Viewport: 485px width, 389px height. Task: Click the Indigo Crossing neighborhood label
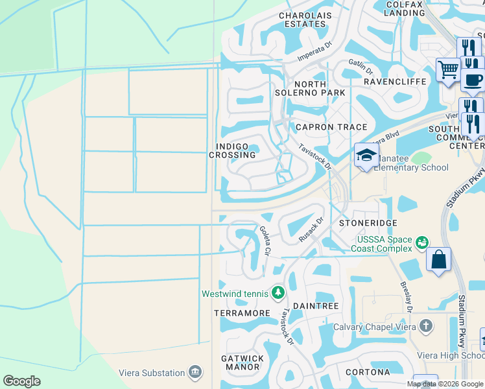click(232, 151)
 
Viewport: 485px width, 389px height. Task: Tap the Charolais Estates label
click(302, 19)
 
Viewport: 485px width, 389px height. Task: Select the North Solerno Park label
click(319, 89)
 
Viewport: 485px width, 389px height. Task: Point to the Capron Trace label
click(331, 127)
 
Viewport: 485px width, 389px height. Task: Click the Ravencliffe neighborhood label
click(394, 82)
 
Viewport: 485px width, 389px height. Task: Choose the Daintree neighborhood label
click(316, 305)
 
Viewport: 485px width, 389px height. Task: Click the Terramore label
click(242, 313)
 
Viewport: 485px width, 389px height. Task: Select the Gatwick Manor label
click(242, 362)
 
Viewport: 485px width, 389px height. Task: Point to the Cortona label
click(368, 372)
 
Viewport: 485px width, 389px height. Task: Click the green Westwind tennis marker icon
click(278, 293)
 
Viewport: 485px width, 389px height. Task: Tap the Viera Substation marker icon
click(195, 372)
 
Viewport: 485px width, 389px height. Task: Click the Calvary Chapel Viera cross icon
click(425, 326)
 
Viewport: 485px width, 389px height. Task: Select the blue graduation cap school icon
click(366, 156)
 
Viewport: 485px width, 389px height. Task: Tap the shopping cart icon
click(448, 69)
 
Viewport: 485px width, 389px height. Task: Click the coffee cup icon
click(473, 80)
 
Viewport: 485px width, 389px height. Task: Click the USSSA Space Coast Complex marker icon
click(423, 242)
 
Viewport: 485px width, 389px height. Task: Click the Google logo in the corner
click(21, 381)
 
